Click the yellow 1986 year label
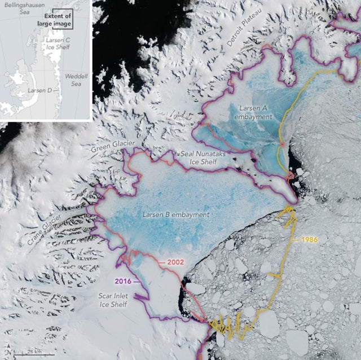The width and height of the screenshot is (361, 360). tap(309, 240)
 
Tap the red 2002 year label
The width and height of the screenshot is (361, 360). tap(176, 263)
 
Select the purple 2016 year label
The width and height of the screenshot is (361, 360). tap(126, 280)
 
